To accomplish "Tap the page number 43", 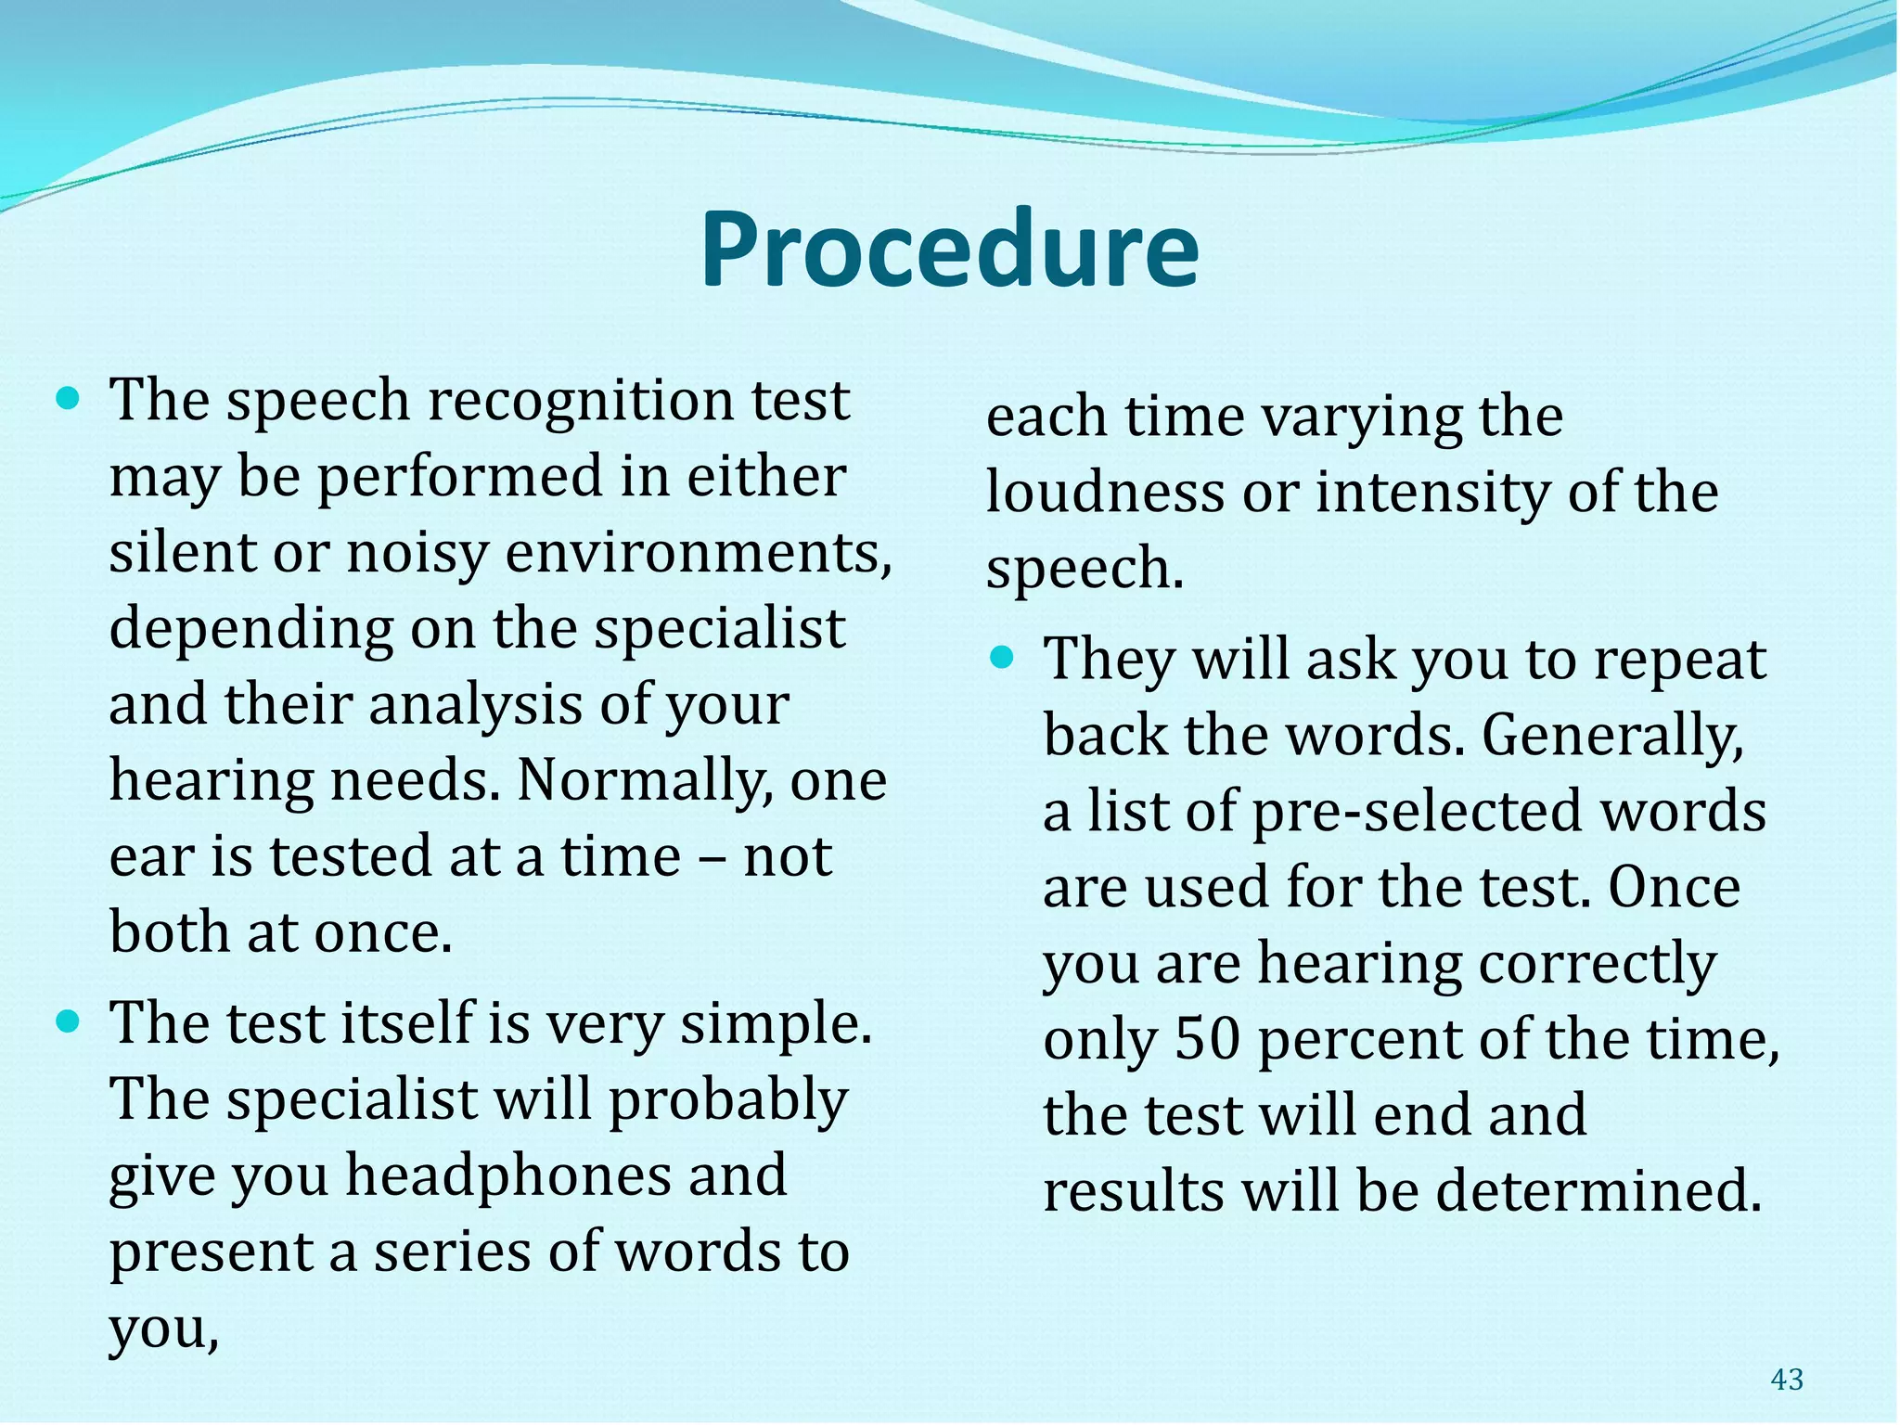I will (x=1786, y=1380).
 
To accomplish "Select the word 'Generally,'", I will (x=1612, y=736).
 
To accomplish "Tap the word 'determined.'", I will (x=1598, y=1191).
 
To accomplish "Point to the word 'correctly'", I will (x=1597, y=964).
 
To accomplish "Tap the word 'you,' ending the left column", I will (x=164, y=1329).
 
